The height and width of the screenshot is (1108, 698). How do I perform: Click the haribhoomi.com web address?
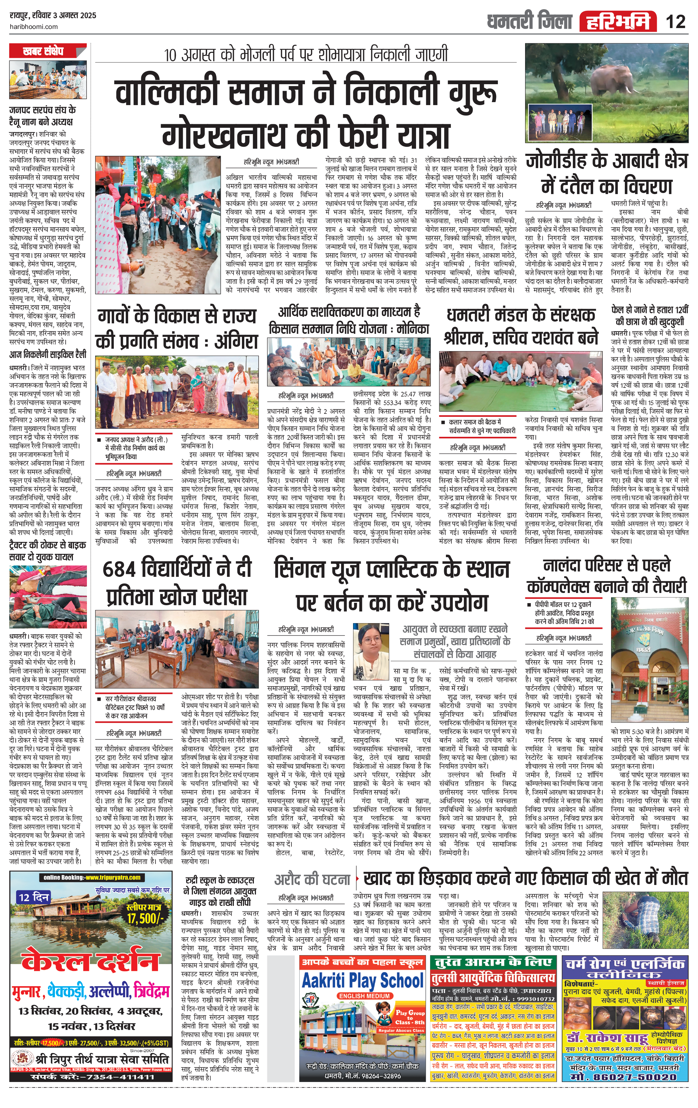pos(34,27)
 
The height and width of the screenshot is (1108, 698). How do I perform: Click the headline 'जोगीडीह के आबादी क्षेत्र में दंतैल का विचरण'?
pos(607,174)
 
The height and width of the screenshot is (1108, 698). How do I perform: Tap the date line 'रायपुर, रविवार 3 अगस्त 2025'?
pos(53,15)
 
